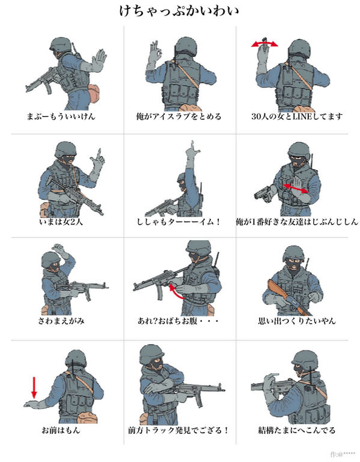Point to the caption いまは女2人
point(61,221)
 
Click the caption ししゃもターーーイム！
point(179,221)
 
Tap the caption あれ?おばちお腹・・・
point(179,321)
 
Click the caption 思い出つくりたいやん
point(296,321)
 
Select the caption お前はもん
point(61,430)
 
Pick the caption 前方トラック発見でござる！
point(178,430)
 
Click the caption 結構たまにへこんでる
point(296,430)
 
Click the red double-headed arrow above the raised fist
point(264,44)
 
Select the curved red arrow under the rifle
point(176,292)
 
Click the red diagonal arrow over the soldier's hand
point(297,188)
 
